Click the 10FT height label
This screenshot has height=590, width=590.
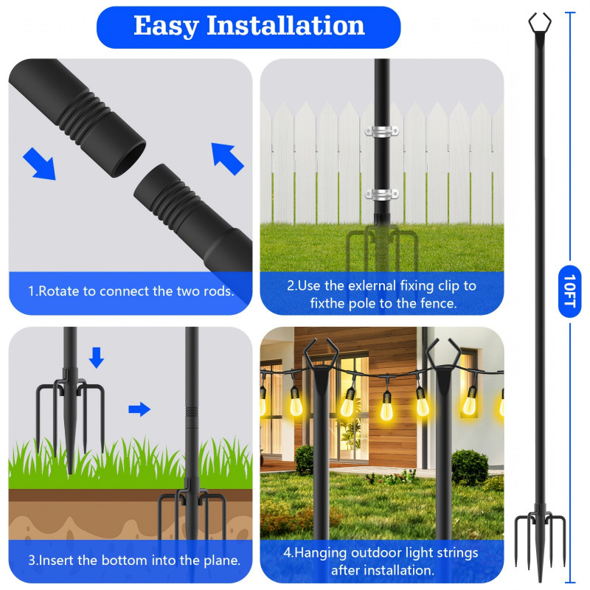coord(569,291)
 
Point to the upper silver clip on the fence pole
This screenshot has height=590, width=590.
coord(382,131)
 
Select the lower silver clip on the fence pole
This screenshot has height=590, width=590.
coord(382,195)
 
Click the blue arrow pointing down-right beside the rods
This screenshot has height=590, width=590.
coord(38,162)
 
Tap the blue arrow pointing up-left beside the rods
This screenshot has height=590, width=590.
coord(227,158)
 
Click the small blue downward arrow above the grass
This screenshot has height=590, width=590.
coord(97,358)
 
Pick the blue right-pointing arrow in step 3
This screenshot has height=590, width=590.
coord(139,409)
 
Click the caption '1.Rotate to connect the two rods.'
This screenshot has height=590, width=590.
coord(131,291)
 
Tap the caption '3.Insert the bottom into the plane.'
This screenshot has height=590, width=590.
coord(134,560)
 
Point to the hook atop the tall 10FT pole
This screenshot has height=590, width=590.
coord(536,22)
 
